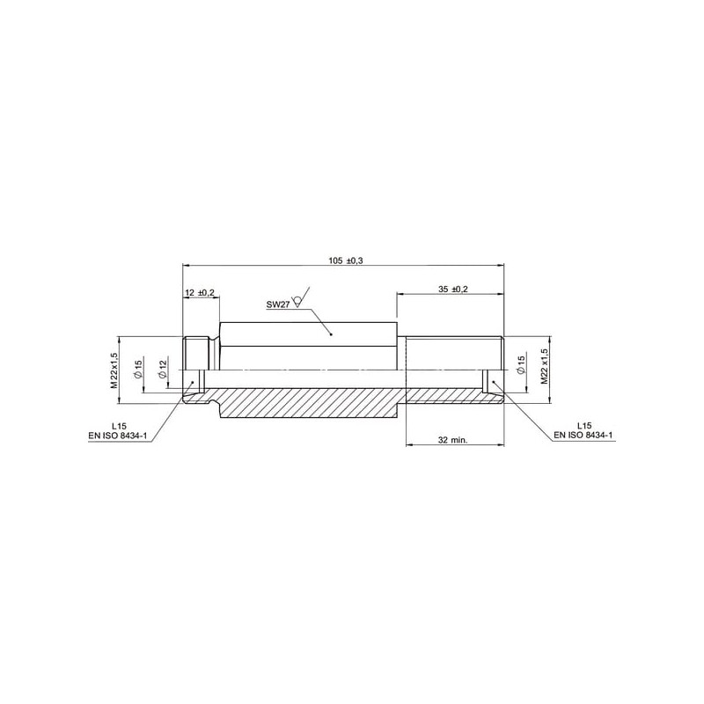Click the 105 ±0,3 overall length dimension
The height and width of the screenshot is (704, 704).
[x=346, y=260]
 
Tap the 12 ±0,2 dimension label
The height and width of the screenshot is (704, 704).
[x=200, y=293]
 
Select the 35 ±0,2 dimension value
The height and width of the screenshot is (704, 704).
[x=453, y=290]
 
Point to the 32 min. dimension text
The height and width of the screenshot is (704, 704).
[x=452, y=440]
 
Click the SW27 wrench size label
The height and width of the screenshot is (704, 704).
[x=278, y=304]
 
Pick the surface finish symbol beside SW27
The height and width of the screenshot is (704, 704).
[x=301, y=297]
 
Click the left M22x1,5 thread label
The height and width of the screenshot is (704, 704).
[x=114, y=370]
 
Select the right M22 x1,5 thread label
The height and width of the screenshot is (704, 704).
[x=545, y=366]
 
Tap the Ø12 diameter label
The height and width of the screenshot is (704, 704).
[x=163, y=369]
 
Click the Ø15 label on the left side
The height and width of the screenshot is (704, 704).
[x=138, y=369]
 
